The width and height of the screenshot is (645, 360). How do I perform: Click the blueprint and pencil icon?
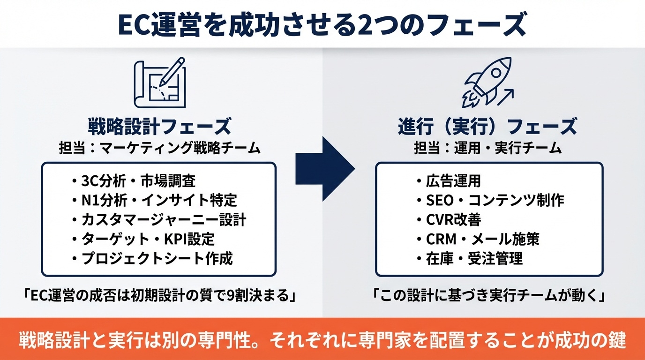click(160, 84)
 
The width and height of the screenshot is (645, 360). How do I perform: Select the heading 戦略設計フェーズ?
click(160, 127)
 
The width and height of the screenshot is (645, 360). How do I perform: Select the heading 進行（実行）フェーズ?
click(487, 127)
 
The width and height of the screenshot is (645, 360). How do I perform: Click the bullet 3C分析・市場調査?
click(134, 180)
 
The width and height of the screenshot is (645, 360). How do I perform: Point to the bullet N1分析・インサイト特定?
click(155, 200)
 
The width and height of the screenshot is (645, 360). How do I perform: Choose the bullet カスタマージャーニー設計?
click(159, 220)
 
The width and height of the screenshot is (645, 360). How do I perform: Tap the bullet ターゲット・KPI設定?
click(143, 239)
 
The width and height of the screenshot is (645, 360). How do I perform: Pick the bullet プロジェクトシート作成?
click(153, 258)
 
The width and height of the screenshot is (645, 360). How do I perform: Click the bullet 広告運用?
click(448, 180)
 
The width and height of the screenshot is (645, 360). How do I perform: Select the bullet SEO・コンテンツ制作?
click(490, 200)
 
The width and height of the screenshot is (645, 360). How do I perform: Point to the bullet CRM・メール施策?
click(478, 239)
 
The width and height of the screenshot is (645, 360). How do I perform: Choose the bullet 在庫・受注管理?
click(469, 258)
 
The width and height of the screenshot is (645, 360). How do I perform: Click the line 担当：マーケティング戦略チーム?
click(160, 148)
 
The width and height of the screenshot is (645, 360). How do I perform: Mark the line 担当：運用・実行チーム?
click(487, 148)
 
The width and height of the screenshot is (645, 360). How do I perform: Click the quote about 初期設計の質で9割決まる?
click(160, 297)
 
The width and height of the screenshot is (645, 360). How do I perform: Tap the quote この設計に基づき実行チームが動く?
click(487, 297)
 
